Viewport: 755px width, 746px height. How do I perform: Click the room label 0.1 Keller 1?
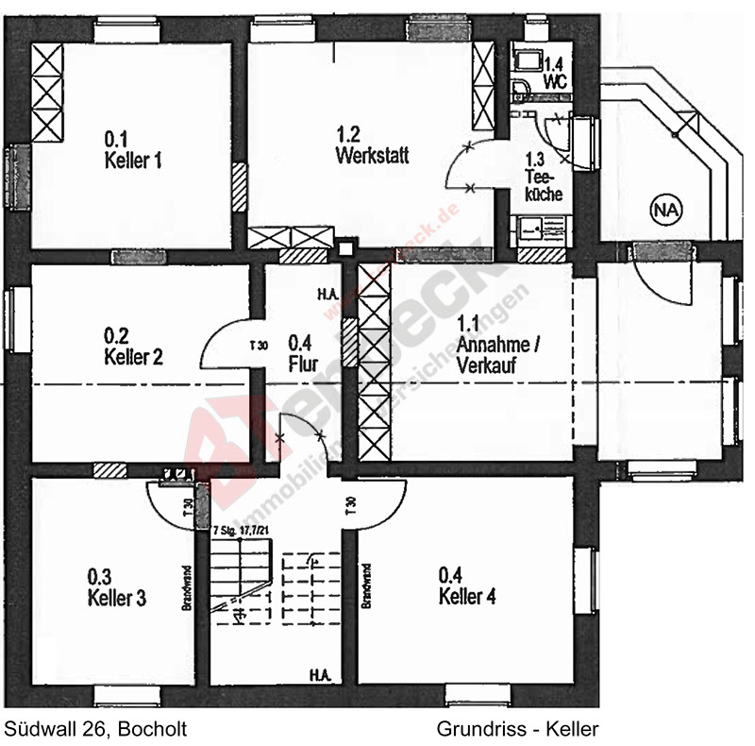click(x=132, y=151)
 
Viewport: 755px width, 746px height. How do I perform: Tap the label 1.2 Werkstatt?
click(x=372, y=146)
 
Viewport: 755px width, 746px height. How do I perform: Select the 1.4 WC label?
click(x=555, y=74)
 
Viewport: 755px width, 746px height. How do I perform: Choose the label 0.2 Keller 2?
click(x=133, y=348)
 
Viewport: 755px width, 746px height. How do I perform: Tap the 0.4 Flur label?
click(x=301, y=351)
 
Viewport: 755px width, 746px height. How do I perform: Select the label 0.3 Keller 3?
click(x=116, y=586)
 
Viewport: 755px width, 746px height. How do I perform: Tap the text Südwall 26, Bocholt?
click(x=95, y=728)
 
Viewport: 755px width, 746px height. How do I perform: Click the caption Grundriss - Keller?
click(x=518, y=728)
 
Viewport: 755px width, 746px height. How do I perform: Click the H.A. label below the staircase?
click(x=317, y=674)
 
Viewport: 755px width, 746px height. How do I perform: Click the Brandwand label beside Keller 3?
click(x=187, y=590)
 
